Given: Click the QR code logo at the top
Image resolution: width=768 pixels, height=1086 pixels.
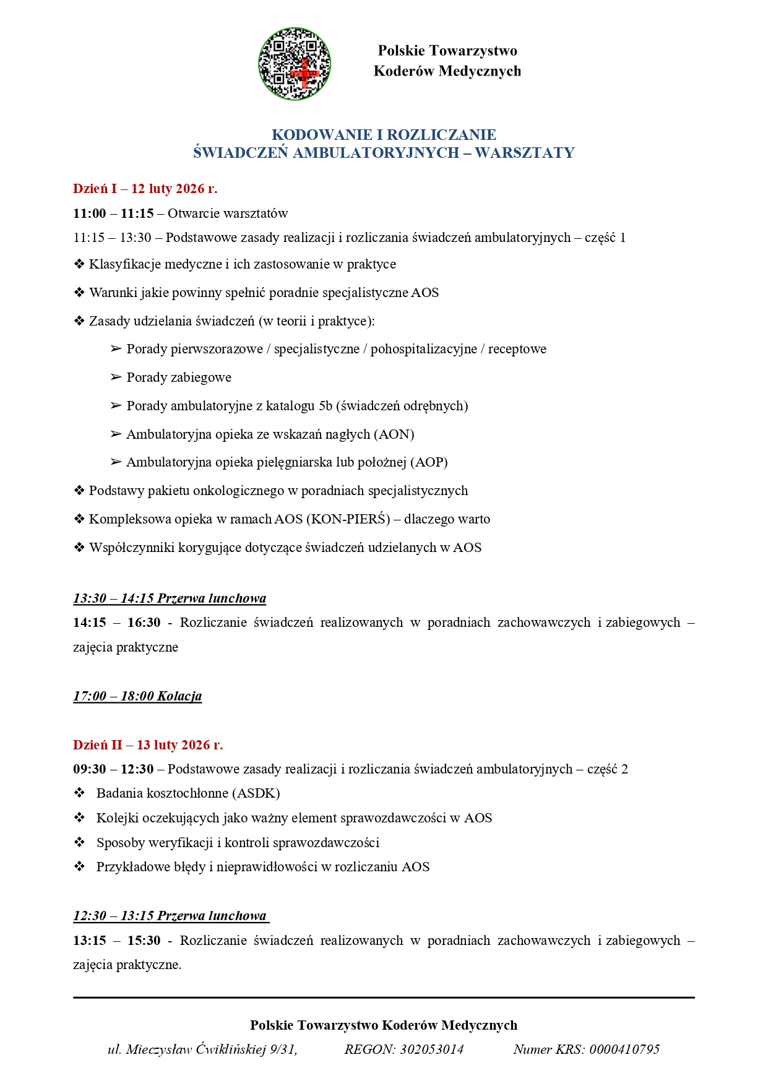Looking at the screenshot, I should [295, 64].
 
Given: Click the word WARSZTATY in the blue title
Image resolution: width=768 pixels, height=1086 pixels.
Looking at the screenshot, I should [524, 153].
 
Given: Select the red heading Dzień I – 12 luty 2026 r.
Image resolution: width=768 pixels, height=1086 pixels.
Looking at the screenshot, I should [145, 189].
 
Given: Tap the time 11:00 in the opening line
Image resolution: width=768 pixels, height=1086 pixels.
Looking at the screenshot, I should [90, 213].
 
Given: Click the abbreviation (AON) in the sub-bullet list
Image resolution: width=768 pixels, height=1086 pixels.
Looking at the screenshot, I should [394, 434].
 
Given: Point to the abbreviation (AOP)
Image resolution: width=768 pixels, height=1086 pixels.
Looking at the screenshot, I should [428, 462].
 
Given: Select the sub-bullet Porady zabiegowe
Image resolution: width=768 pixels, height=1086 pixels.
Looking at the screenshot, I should [178, 377].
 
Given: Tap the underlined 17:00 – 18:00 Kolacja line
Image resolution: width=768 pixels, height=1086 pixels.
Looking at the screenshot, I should [137, 696].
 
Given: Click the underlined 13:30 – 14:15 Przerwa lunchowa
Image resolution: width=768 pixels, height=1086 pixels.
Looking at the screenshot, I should [170, 598].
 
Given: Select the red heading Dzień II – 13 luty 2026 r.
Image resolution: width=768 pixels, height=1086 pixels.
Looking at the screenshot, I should [148, 745].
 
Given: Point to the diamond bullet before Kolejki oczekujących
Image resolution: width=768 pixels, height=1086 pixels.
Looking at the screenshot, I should [79, 818].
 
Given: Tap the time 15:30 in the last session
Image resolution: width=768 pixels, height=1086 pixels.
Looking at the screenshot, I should [144, 941].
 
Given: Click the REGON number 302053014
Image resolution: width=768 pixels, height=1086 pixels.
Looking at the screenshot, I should [431, 1049].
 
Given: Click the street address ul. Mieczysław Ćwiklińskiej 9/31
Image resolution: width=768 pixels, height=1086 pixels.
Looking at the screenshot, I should [202, 1049].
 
